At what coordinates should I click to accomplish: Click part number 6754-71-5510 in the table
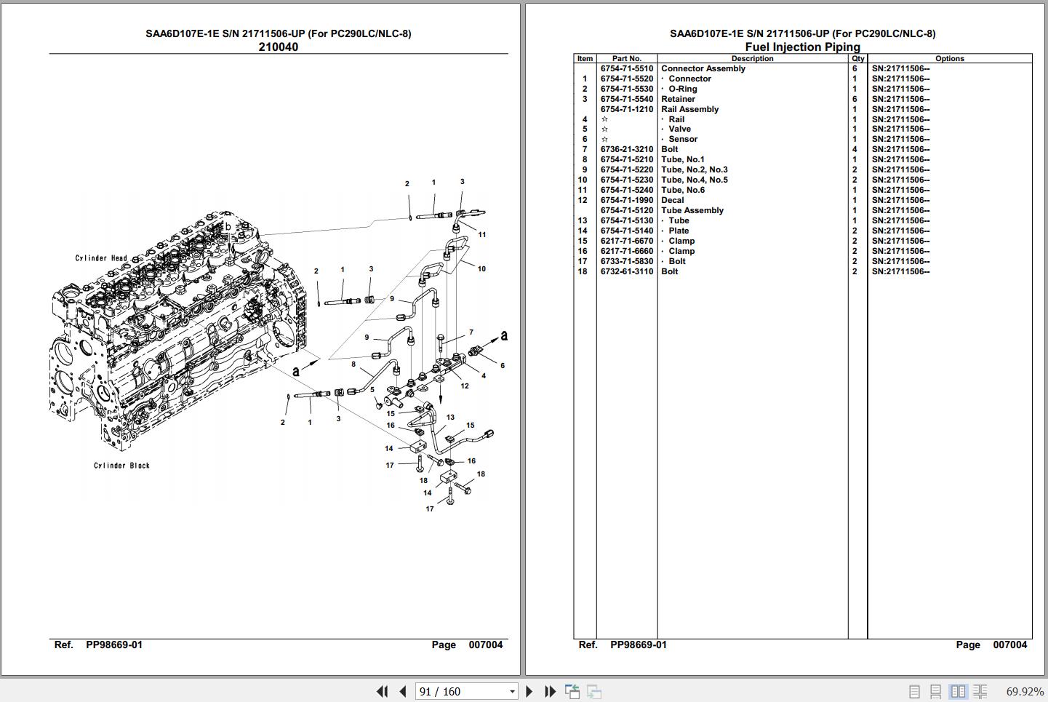tap(626, 68)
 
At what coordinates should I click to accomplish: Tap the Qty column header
tap(857, 58)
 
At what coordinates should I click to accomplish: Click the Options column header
tap(949, 58)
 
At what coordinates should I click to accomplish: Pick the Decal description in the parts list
tap(672, 200)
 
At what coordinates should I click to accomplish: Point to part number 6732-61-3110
tap(626, 271)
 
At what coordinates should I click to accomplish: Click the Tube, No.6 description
tap(683, 190)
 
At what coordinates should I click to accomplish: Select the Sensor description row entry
tap(683, 139)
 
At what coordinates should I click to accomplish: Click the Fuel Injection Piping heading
tap(802, 47)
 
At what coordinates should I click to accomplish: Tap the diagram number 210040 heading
tap(279, 47)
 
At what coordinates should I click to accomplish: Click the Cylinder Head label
tap(101, 258)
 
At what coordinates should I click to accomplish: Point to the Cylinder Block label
tap(121, 465)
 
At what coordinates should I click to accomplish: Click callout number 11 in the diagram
tap(482, 234)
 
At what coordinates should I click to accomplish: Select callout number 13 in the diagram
tap(450, 417)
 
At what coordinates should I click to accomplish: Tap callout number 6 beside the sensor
tap(503, 365)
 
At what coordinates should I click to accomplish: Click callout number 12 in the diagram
tap(465, 386)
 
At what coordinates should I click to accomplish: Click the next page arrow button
tap(529, 691)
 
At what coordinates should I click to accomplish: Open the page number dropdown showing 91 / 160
tap(512, 692)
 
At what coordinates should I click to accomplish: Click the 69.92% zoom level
tap(1024, 691)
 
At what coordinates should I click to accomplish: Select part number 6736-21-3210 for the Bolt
tap(626, 149)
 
